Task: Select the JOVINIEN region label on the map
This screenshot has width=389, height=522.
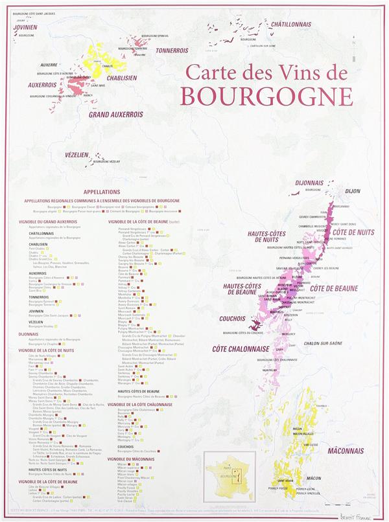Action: click(24, 28)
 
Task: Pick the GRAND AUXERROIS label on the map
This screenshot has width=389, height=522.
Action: click(115, 115)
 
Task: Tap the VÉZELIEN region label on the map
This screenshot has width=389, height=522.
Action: click(77, 156)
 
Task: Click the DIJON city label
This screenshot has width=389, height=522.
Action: click(353, 191)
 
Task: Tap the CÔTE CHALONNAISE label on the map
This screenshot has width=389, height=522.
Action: click(240, 349)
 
